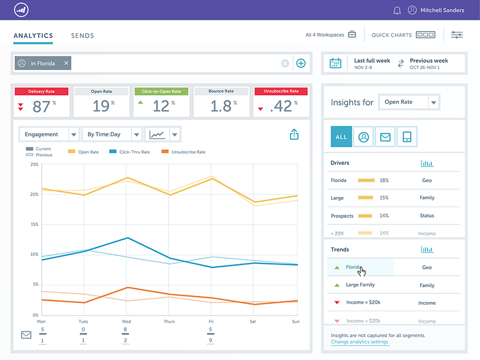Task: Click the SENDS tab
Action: tap(82, 35)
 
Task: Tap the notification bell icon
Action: tap(397, 10)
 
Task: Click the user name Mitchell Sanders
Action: tap(442, 10)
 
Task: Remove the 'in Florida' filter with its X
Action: tap(67, 63)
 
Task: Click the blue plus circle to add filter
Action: tap(301, 64)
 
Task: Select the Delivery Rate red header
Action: tap(41, 91)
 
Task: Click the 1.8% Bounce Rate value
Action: tap(221, 106)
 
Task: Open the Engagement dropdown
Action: tap(49, 134)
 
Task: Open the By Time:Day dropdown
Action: tap(112, 134)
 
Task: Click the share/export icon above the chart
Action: tap(294, 135)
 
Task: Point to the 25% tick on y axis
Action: tap(34, 164)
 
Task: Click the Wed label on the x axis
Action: tap(126, 322)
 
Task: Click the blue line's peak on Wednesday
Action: tap(127, 238)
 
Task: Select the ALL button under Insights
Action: tap(341, 137)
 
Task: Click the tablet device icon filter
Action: tap(407, 137)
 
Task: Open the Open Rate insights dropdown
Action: tap(409, 102)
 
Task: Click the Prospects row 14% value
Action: tap(384, 215)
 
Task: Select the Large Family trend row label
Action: tap(360, 285)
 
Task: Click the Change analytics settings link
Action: tap(359, 342)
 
